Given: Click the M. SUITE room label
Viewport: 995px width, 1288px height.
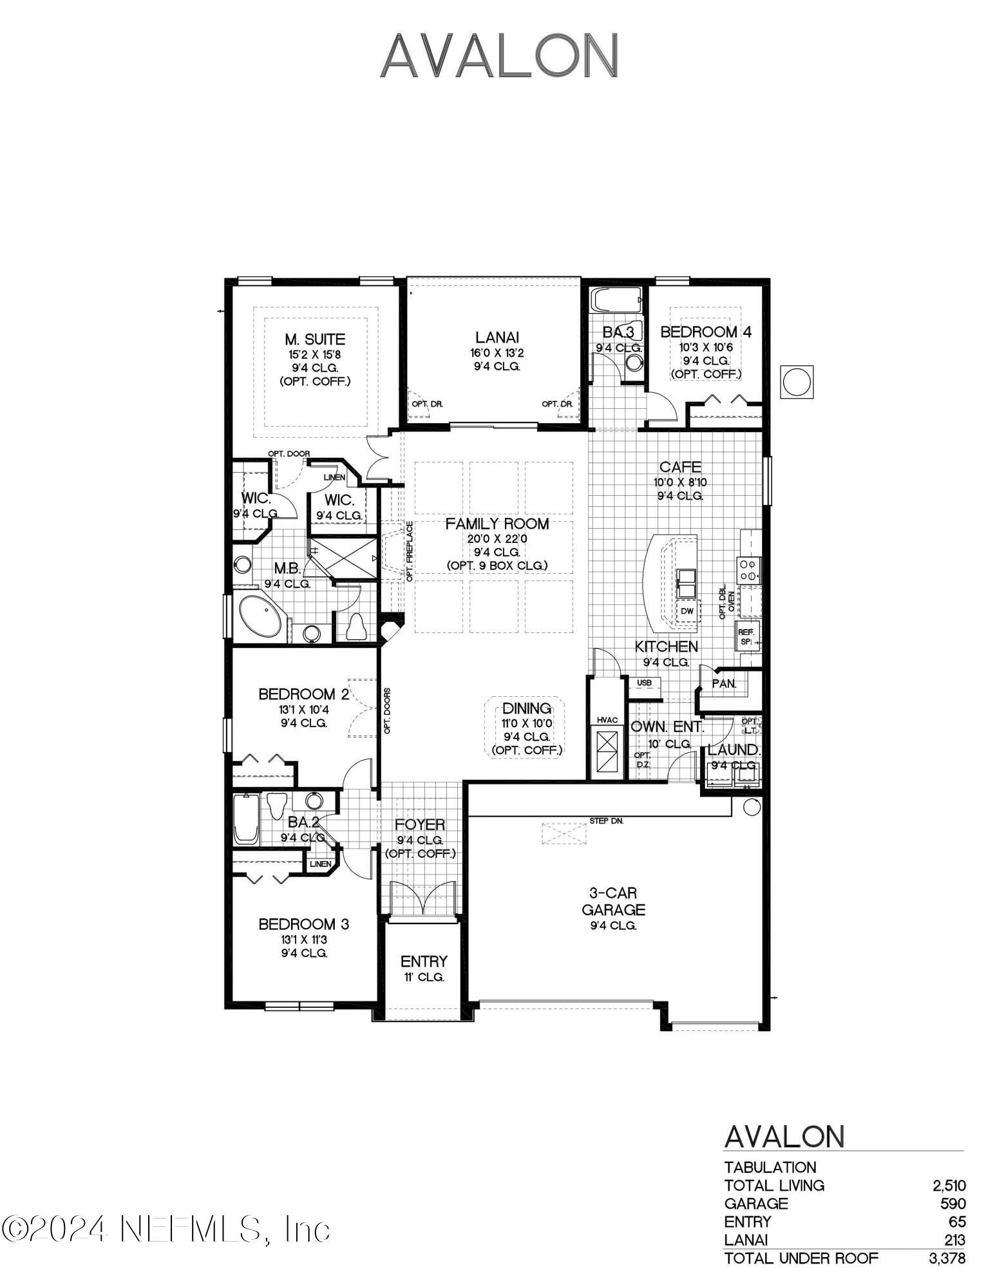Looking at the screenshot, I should pos(315,339).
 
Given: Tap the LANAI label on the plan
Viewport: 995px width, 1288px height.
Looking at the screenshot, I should pos(497,337).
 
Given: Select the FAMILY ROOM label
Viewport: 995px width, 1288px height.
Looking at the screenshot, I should pos(497,524).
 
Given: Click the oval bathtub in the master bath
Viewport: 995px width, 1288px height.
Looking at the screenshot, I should pos(260,616).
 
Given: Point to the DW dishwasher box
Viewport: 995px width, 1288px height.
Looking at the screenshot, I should pos(687,611).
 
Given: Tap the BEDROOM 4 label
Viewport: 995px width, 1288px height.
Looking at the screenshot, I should pos(706,332).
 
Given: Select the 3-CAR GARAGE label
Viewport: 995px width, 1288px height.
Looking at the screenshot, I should pos(612,901).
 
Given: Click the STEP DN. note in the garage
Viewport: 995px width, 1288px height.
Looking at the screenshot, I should pos(606,821).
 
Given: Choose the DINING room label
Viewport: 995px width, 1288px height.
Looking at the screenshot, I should pos(527,708).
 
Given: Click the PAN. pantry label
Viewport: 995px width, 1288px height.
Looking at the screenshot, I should pos(724,684).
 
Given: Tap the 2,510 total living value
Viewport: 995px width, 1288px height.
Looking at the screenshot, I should pos(949,1186).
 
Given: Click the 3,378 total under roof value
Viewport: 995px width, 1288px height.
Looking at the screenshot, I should pos(947,1258).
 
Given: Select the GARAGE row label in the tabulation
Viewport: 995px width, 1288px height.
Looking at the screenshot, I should pos(755,1204).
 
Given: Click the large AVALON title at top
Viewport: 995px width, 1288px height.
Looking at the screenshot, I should pos(499,56).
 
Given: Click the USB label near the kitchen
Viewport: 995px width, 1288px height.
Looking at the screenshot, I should pos(644,683).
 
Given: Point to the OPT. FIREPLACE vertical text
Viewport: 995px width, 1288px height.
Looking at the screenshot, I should pos(410,552).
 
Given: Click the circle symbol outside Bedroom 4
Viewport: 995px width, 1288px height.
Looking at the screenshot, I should pos(796,382).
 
